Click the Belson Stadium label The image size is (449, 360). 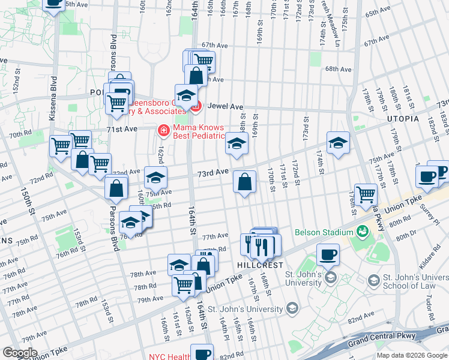point(324,233)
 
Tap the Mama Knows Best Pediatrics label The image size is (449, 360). point(198,131)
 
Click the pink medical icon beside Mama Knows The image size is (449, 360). point(163,130)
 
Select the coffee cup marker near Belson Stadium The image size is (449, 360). point(328,254)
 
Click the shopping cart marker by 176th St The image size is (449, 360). point(366,194)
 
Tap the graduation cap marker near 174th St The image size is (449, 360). point(339,143)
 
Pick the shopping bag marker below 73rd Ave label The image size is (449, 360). point(245,182)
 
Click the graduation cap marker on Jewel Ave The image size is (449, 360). point(187,95)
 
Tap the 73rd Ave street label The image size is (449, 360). point(214,172)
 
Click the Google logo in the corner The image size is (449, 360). point(20,352)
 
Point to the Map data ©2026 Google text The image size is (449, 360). point(412,355)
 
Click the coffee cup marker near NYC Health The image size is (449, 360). point(203,353)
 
